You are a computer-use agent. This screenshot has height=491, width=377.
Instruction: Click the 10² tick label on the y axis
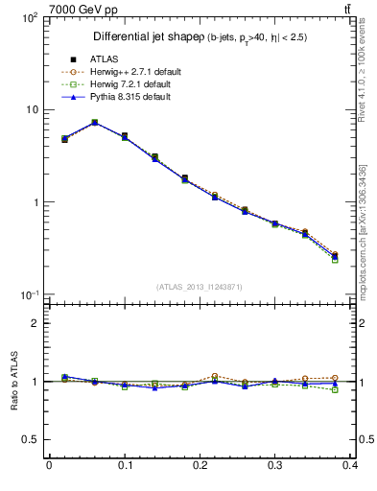[30, 18]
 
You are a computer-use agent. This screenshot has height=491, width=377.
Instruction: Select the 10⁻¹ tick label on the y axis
[30, 294]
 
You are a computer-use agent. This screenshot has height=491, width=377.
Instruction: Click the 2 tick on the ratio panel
[35, 323]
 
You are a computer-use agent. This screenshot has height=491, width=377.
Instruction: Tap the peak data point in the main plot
[94, 123]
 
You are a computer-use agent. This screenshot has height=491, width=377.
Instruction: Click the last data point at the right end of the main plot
[335, 256]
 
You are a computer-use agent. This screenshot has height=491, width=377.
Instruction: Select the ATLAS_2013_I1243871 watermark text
[200, 287]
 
